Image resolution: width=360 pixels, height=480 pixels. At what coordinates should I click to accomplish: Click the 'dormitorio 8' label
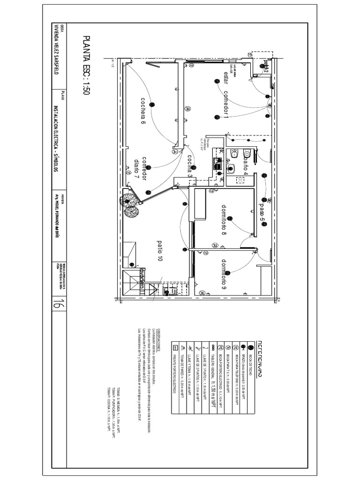pyautogui.click(x=224, y=219)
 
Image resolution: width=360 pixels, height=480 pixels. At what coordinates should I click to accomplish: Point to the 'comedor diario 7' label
pyautogui.click(x=141, y=168)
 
